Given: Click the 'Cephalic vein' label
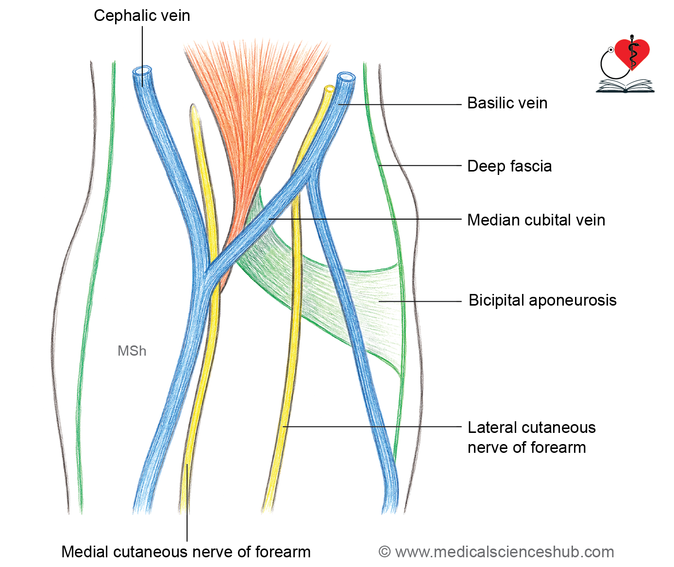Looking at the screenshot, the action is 142,16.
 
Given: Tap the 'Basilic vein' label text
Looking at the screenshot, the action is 507,103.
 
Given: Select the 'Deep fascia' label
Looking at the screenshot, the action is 509,166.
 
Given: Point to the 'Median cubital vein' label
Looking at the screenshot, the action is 536,220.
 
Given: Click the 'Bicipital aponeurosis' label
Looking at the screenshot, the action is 542,300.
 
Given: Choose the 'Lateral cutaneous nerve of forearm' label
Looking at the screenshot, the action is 532,437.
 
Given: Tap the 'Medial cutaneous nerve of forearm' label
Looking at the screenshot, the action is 186,552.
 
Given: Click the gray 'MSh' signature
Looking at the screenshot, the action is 132,351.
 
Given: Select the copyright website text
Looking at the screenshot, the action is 496,552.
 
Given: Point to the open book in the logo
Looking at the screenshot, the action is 625,86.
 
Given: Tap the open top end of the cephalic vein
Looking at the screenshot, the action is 142,71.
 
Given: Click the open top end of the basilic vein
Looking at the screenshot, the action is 346,77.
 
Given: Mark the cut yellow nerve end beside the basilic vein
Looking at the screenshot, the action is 329,89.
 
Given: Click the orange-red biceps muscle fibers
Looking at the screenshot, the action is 255,106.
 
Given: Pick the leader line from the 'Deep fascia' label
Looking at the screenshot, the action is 420,165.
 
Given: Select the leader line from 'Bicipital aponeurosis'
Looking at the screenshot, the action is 420,301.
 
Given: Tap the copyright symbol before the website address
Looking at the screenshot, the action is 385,552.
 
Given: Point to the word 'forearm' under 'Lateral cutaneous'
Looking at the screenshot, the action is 558,448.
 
